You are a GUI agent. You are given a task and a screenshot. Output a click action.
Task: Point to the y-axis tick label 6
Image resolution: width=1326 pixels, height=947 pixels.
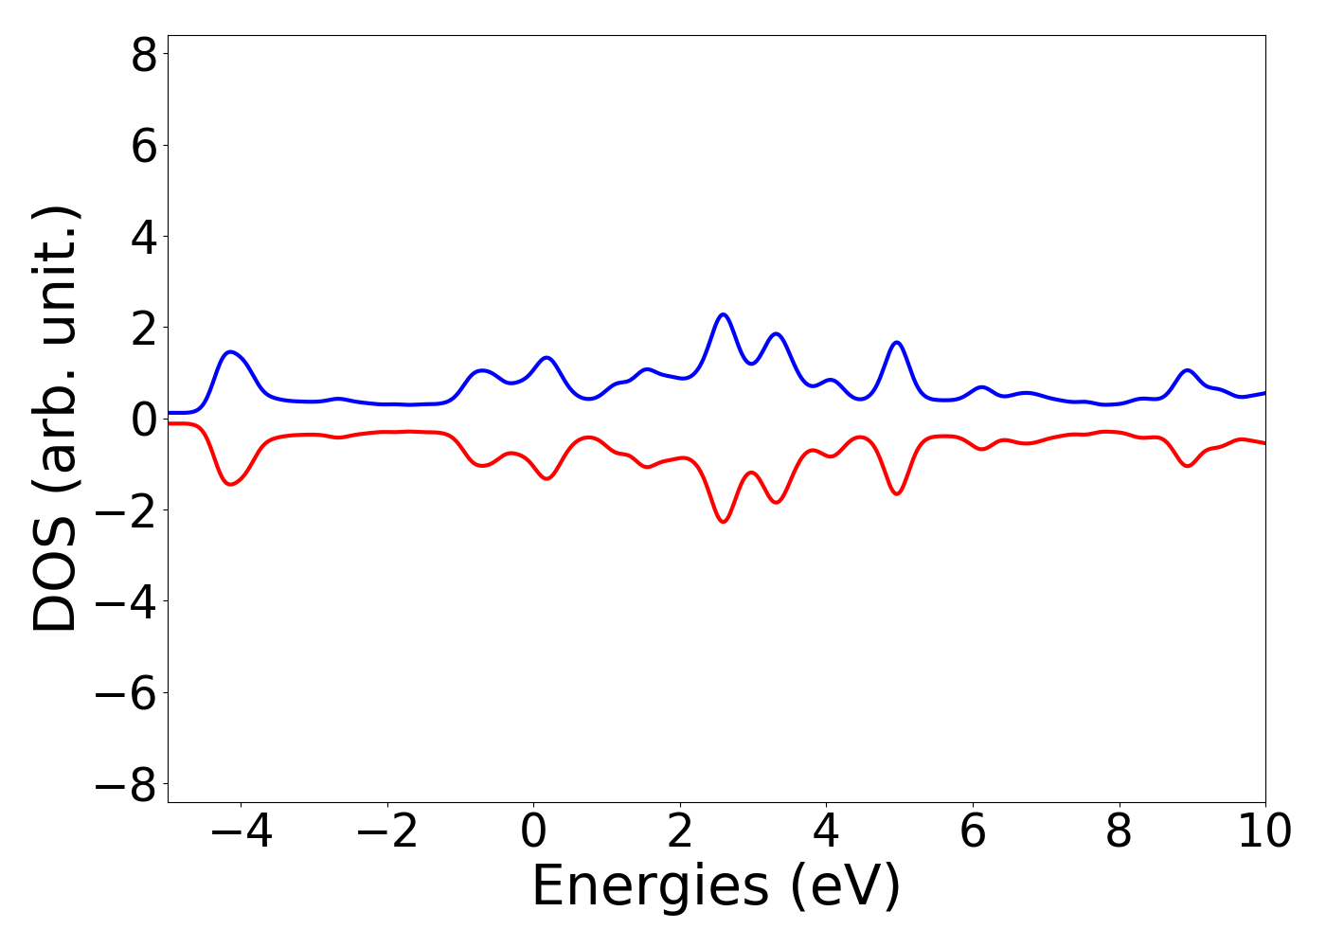coord(144,147)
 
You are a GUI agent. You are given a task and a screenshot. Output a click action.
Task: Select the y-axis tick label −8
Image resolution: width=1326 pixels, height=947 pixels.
coord(126,784)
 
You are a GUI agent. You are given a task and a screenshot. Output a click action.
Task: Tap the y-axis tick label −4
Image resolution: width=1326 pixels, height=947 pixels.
coord(126,602)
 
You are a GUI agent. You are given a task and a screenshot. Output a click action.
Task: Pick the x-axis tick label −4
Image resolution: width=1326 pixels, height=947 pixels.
coord(241,831)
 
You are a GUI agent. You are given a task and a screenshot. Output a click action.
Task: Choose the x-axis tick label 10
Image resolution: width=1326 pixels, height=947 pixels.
coord(1264,831)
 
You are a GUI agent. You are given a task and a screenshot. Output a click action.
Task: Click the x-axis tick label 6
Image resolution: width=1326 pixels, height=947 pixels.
coord(973,831)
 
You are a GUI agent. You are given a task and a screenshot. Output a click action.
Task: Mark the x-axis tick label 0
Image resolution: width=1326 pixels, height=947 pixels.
coord(533,831)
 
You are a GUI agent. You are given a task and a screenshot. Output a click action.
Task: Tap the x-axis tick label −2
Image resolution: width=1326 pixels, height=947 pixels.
coord(387,831)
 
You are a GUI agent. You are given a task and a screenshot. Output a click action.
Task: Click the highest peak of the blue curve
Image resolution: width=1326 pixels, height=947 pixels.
coord(723,314)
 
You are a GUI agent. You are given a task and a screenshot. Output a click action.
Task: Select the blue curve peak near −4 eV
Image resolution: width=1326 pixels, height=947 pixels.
coord(230,351)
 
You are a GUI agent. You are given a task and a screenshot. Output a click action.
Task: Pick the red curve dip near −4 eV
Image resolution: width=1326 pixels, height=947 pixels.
coord(230,484)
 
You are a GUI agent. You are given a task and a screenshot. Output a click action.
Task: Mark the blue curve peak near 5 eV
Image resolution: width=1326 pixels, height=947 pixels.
coord(897,342)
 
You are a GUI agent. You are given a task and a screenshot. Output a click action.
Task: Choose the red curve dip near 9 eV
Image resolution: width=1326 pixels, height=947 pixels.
coord(1187,466)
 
